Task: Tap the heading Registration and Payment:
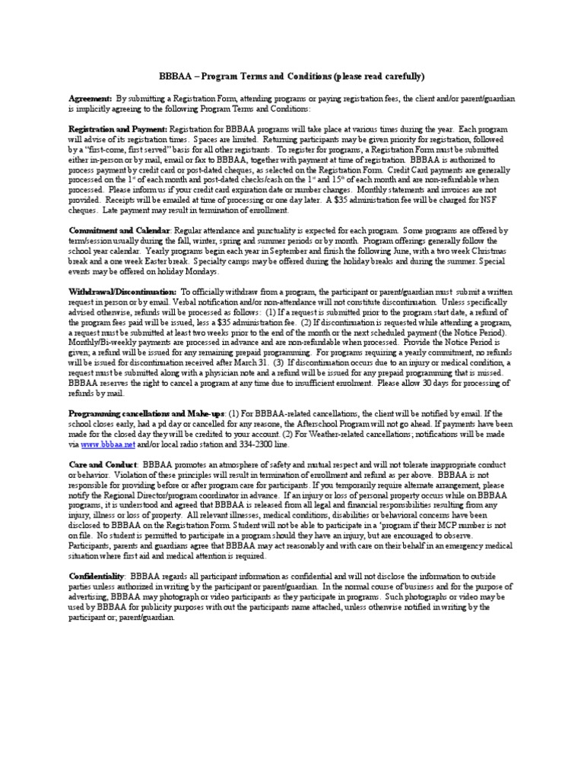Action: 118,129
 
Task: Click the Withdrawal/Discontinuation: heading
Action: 122,291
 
